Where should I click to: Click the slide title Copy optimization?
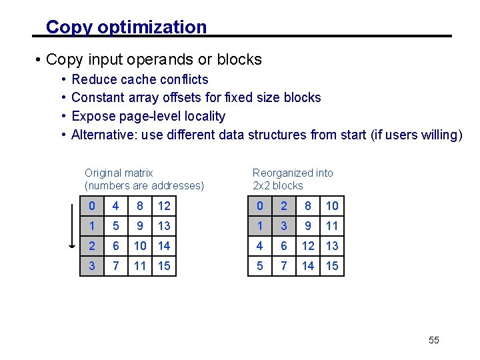point(126,27)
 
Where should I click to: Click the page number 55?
point(434,340)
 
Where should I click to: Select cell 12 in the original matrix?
point(164,206)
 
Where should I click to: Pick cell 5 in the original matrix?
point(116,226)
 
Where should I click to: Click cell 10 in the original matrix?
point(140,246)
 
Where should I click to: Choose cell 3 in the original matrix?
point(91,266)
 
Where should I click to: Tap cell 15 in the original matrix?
point(164,266)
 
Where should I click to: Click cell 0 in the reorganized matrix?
point(259,206)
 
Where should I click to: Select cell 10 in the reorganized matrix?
point(332,206)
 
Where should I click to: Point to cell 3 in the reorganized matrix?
point(284,226)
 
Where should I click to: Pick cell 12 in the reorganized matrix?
point(308,246)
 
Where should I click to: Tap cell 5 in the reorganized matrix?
point(259,266)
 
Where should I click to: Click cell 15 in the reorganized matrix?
point(332,266)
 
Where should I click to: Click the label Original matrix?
point(119,173)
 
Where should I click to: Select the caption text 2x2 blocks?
point(277,185)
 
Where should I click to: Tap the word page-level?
point(149,116)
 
